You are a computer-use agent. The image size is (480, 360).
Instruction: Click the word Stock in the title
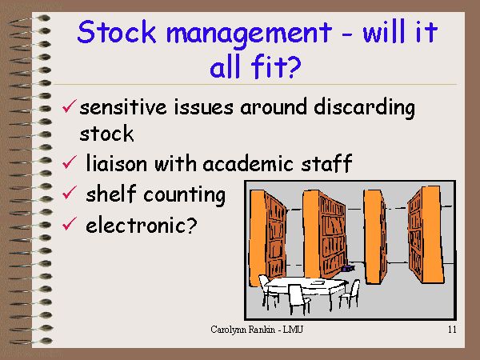pyautogui.click(x=116, y=32)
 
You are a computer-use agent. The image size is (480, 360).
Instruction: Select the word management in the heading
pyautogui.click(x=249, y=34)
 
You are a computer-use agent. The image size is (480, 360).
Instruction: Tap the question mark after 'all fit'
pyautogui.click(x=294, y=66)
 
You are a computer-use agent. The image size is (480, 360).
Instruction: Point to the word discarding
pyautogui.click(x=364, y=108)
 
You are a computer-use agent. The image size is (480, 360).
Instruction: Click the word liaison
pyautogui.click(x=116, y=162)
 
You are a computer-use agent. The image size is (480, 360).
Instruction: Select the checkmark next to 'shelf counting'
pyautogui.click(x=69, y=193)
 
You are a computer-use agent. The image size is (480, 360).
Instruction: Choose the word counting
pyautogui.click(x=184, y=196)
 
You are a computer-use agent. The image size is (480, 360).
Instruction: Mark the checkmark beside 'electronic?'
pyautogui.click(x=69, y=223)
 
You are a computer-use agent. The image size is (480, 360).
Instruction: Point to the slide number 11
pyautogui.click(x=452, y=330)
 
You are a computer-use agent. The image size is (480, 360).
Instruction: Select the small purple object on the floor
pyautogui.click(x=348, y=269)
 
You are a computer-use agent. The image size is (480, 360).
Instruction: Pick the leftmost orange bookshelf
pyautogui.click(x=267, y=236)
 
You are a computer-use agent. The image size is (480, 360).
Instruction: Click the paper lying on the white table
pyautogui.click(x=318, y=282)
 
